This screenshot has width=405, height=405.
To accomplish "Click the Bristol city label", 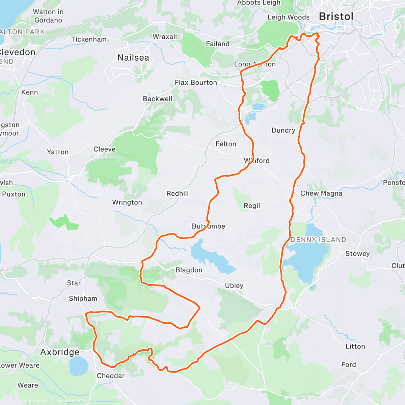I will [x=336, y=17].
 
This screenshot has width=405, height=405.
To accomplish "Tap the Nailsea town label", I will [x=133, y=58].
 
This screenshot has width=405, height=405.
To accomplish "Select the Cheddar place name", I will [x=111, y=376].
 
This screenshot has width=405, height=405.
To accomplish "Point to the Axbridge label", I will [x=60, y=352].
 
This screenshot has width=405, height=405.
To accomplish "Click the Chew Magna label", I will [x=321, y=193].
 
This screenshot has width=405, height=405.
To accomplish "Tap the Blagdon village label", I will [x=189, y=270].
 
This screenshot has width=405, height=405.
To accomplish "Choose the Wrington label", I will [x=127, y=202].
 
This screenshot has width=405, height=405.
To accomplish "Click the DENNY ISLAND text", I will [x=318, y=240].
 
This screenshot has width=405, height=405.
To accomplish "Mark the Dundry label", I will [x=283, y=130].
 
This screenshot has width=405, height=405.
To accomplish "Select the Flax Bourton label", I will [x=196, y=82].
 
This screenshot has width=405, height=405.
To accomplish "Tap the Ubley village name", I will [x=234, y=286].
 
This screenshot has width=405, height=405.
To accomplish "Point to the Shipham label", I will [x=83, y=298].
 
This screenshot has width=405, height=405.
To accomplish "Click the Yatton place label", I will [x=58, y=152].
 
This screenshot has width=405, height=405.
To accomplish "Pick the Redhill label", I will [x=178, y=193].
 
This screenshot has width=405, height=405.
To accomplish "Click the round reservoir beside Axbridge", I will [x=79, y=366].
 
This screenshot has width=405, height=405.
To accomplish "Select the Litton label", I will [x=355, y=346].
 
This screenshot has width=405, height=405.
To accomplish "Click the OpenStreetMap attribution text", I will [x=71, y=401].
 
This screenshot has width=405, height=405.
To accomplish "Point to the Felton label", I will [x=226, y=144].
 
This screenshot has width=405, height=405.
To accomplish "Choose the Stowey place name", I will [x=357, y=253].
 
